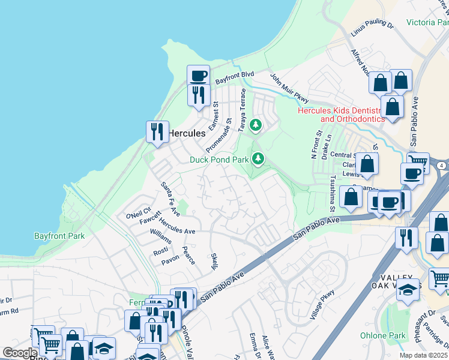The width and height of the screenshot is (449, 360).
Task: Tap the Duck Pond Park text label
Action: tap(218, 160)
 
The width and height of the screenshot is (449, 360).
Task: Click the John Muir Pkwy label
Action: tap(289, 88)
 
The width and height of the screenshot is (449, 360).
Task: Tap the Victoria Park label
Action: tap(427, 23)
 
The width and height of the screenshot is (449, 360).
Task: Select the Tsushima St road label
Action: tap(331, 194)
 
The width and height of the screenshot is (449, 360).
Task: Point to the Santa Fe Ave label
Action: tap(170, 199)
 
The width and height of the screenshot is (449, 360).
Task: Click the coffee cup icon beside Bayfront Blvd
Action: tap(198, 76)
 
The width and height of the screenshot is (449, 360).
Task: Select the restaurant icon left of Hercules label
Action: tap(157, 131)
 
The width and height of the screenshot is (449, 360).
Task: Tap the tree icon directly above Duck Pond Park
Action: tap(258, 158)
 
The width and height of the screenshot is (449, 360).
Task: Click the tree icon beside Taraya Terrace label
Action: tap(256, 125)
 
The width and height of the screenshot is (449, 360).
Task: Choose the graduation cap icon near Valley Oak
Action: tap(408, 289)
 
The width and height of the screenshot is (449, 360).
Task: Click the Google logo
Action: tap(19, 353)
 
